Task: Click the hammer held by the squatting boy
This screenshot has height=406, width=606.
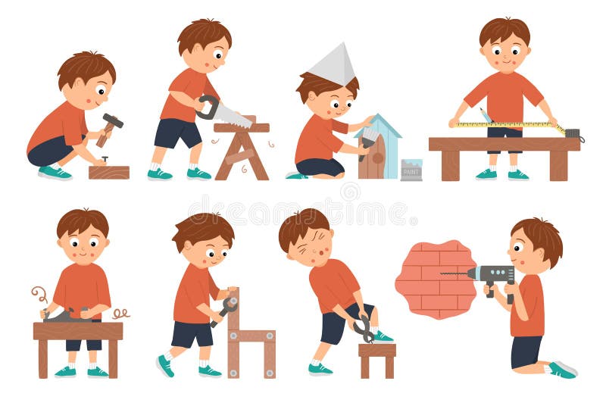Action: [111, 123]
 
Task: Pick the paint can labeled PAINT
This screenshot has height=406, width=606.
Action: [411, 170]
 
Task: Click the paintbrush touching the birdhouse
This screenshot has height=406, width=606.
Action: [368, 141]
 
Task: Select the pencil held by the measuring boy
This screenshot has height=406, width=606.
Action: [485, 115]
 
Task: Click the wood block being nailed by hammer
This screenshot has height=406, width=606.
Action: [108, 171]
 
